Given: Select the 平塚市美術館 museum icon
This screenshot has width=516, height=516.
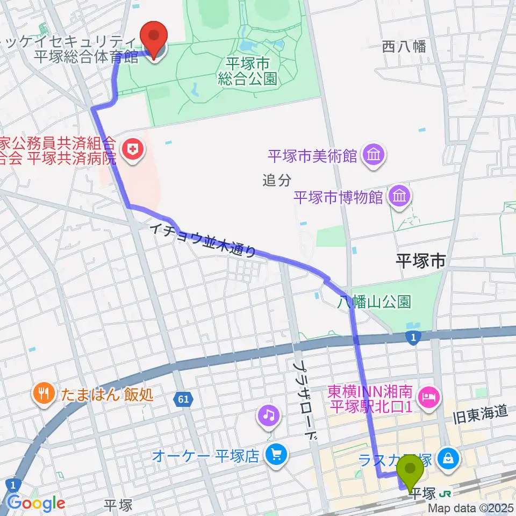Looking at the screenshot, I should [372, 156].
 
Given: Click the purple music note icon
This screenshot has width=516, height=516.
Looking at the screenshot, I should [269, 414].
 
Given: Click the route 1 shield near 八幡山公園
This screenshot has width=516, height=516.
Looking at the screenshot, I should [412, 336].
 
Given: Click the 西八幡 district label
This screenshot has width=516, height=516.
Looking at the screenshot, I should [404, 47].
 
